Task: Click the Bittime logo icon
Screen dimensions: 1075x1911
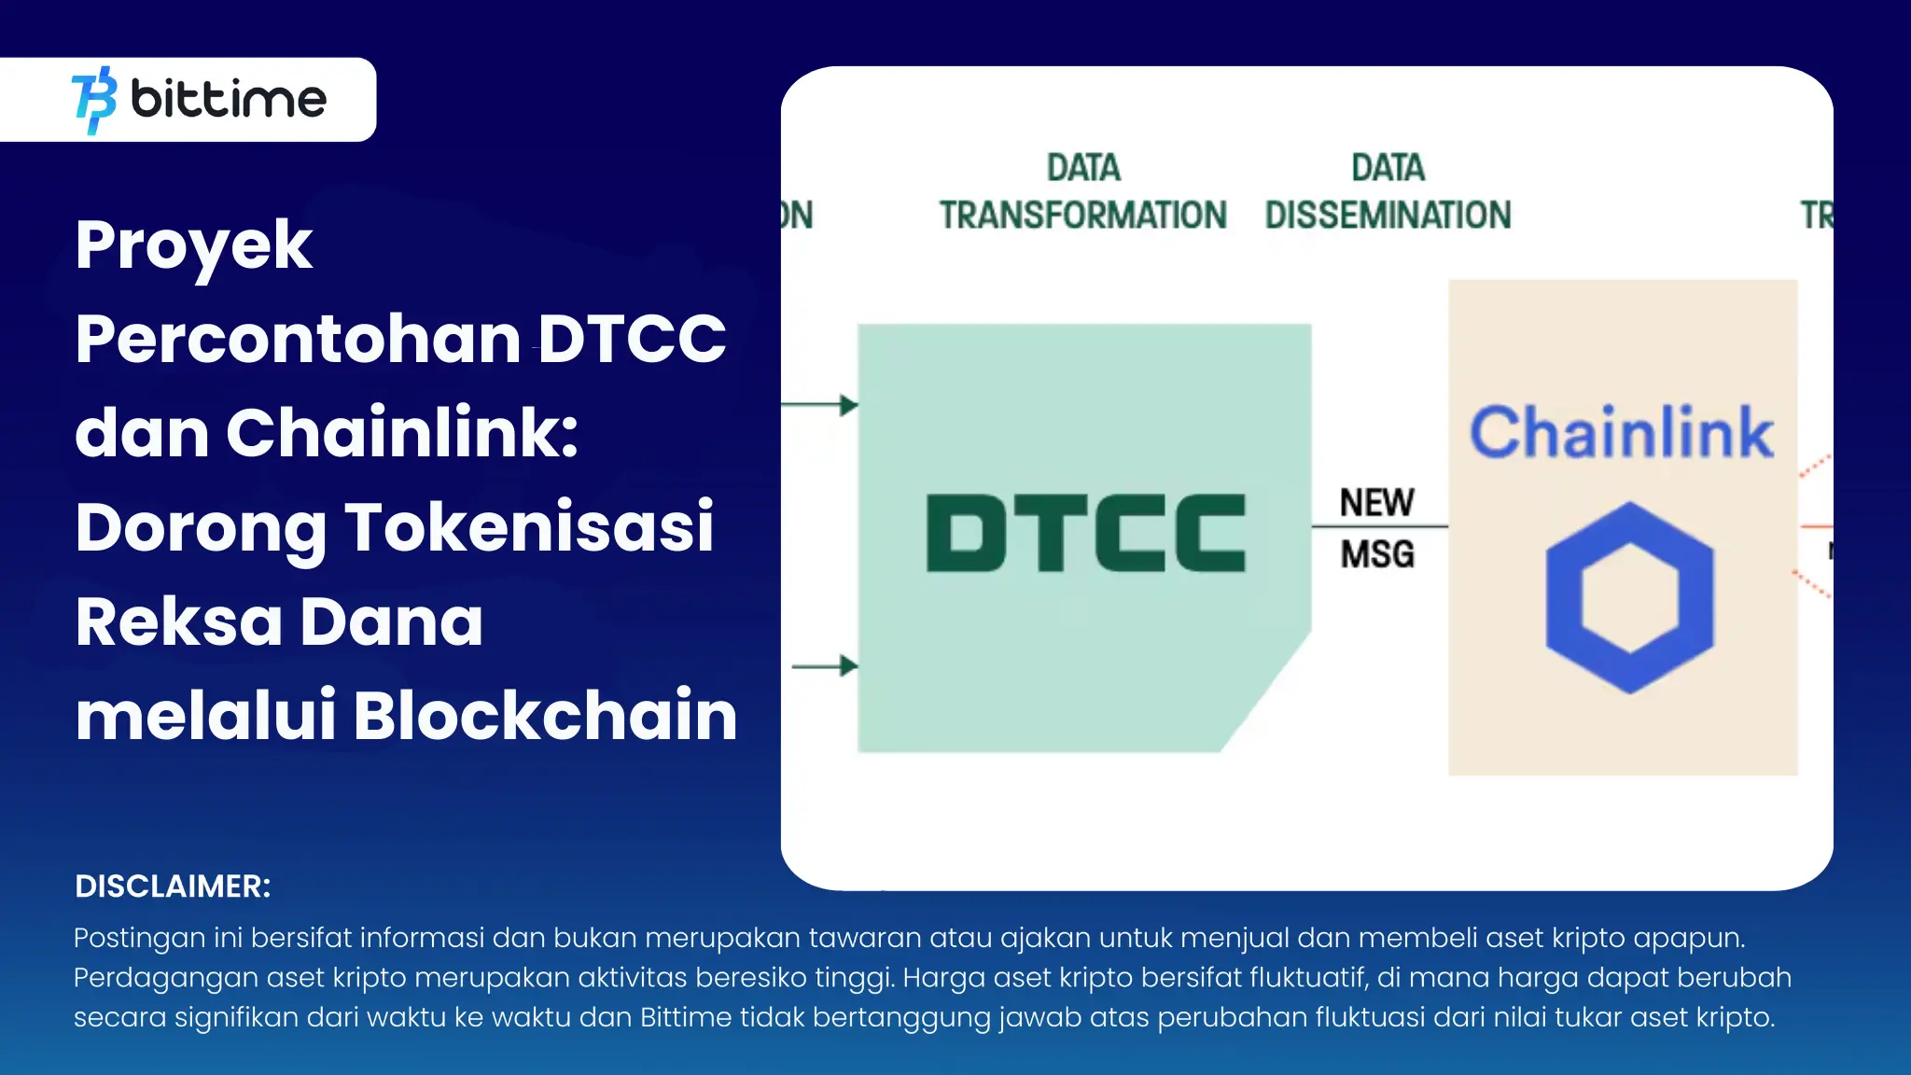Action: pos(94,100)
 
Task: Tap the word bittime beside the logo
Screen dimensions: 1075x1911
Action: pos(229,99)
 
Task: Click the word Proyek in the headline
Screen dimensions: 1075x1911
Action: pos(194,245)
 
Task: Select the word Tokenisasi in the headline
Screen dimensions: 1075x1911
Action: pos(529,528)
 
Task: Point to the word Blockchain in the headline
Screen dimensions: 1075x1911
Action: pos(546,716)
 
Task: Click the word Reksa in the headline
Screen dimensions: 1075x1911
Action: pos(178,622)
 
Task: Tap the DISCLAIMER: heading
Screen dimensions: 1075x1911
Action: pos(173,887)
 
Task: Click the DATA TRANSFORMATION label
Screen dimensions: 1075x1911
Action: pos(1082,192)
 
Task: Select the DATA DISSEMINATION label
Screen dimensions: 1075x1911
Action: pos(1388,192)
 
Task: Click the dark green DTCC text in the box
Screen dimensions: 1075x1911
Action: pos(1085,533)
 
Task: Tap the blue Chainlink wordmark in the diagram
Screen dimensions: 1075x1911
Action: pos(1622,432)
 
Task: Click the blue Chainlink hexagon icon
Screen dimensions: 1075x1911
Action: pos(1629,597)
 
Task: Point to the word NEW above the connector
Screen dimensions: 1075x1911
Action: pos(1376,503)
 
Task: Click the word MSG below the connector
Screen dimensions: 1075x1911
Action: pos(1377,554)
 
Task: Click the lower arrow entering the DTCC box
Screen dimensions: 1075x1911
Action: pos(826,666)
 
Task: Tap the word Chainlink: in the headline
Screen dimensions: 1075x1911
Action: pos(402,434)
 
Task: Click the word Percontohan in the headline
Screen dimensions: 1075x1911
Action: pos(298,340)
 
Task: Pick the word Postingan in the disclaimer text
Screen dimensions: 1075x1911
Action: pos(139,939)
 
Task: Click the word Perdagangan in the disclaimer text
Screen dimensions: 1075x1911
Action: pos(165,978)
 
